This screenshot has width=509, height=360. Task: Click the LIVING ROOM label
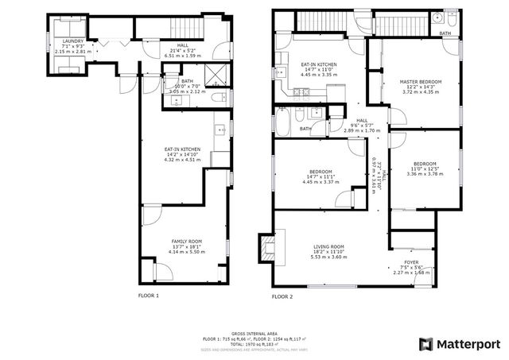327,247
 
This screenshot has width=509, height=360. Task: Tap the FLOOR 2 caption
282,296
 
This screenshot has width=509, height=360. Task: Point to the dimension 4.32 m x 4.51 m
182,160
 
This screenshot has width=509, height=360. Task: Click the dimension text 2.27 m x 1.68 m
411,273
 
